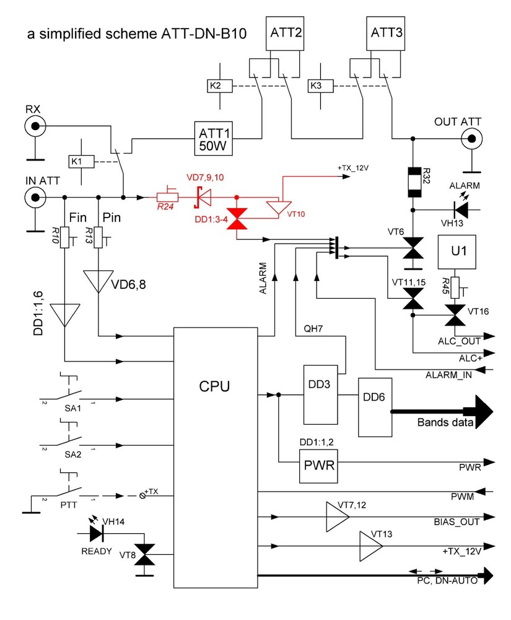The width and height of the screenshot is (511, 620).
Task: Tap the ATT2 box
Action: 284,33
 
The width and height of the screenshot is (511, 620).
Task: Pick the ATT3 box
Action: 387,33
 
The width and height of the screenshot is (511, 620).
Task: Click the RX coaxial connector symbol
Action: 34,127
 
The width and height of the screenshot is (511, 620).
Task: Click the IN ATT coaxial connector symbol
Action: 34,198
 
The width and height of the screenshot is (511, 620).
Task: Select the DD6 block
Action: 375,406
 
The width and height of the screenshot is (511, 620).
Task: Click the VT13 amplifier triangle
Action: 370,546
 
